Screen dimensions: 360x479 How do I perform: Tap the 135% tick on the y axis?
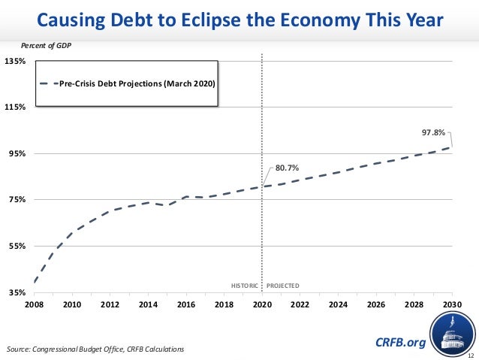click(x=15, y=61)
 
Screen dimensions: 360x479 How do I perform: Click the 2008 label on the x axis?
click(x=34, y=304)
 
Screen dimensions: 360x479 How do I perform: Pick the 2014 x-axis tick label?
click(x=148, y=304)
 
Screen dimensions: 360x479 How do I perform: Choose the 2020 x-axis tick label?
click(x=262, y=304)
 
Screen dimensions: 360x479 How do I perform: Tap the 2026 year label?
click(x=376, y=304)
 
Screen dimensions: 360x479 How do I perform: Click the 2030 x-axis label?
click(x=452, y=304)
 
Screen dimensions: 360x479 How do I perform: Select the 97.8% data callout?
click(x=433, y=132)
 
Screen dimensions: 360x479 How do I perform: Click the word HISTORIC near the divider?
click(x=244, y=286)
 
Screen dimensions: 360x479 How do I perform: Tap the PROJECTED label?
click(x=283, y=286)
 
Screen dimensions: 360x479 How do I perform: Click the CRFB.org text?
click(x=400, y=343)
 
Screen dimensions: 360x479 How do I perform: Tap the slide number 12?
click(x=470, y=355)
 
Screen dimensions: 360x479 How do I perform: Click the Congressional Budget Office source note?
click(x=94, y=350)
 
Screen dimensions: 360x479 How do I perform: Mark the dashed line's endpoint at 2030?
click(x=452, y=147)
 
